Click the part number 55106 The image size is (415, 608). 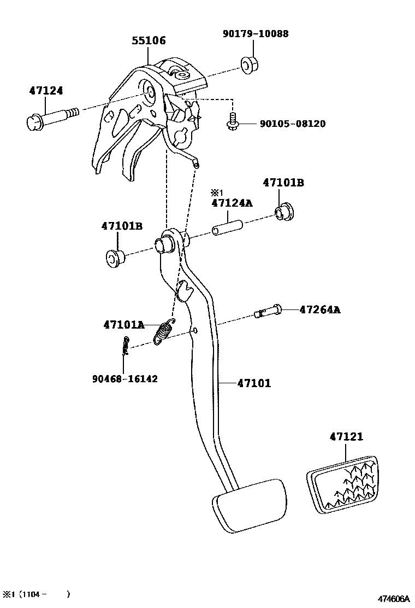click(149, 40)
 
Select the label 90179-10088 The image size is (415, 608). click(256, 34)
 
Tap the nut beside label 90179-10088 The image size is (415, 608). click(250, 64)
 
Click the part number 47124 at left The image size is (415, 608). click(46, 91)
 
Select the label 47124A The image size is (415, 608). click(232, 203)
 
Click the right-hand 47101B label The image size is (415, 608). click(283, 183)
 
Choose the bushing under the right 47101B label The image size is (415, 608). click(283, 211)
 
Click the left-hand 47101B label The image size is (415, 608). click(122, 226)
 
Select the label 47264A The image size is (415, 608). click(319, 310)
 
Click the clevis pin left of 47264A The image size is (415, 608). click(268, 312)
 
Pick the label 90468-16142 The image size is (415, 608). click(125, 378)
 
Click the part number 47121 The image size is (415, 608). click(346, 437)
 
